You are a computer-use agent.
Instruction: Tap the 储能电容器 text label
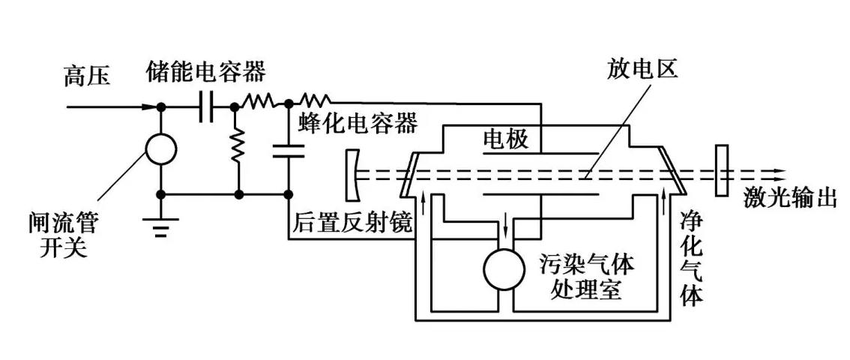click(x=206, y=73)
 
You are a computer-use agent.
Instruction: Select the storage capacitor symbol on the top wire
click(x=206, y=107)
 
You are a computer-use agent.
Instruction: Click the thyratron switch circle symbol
click(x=161, y=148)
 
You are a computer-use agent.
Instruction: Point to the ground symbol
click(x=161, y=226)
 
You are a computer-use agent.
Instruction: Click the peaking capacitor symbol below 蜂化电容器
click(x=289, y=151)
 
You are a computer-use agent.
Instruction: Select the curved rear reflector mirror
click(x=352, y=171)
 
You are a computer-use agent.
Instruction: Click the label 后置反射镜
click(x=351, y=223)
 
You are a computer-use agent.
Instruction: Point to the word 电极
click(x=507, y=139)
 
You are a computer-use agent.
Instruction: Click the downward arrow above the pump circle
click(x=506, y=225)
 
